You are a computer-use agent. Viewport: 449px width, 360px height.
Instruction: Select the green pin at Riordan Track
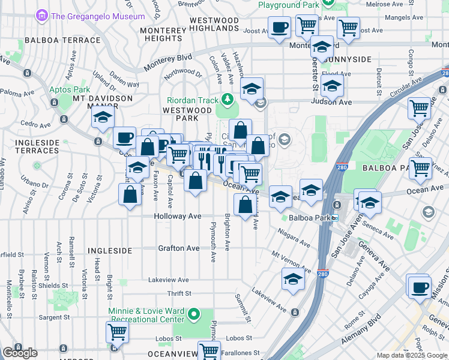pyautogui.click(x=227, y=98)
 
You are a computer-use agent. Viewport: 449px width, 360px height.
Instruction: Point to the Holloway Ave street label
pyautogui.click(x=177, y=216)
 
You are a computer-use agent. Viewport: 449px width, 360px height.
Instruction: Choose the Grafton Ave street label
pyautogui.click(x=178, y=248)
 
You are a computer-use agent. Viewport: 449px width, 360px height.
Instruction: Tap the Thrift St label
pyautogui.click(x=179, y=293)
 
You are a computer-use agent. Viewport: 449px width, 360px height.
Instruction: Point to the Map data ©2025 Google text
pyautogui.click(x=412, y=355)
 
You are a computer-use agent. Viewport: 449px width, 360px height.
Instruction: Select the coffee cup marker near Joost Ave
pyautogui.click(x=279, y=28)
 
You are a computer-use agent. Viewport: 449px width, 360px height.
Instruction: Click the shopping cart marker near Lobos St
pyautogui.click(x=118, y=331)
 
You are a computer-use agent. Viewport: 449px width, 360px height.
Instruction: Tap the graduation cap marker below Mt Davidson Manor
pyautogui.click(x=103, y=117)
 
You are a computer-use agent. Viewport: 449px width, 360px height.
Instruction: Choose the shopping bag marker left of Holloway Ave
pyautogui.click(x=130, y=194)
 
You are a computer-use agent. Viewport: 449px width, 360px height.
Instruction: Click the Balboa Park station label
pyautogui.click(x=310, y=218)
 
